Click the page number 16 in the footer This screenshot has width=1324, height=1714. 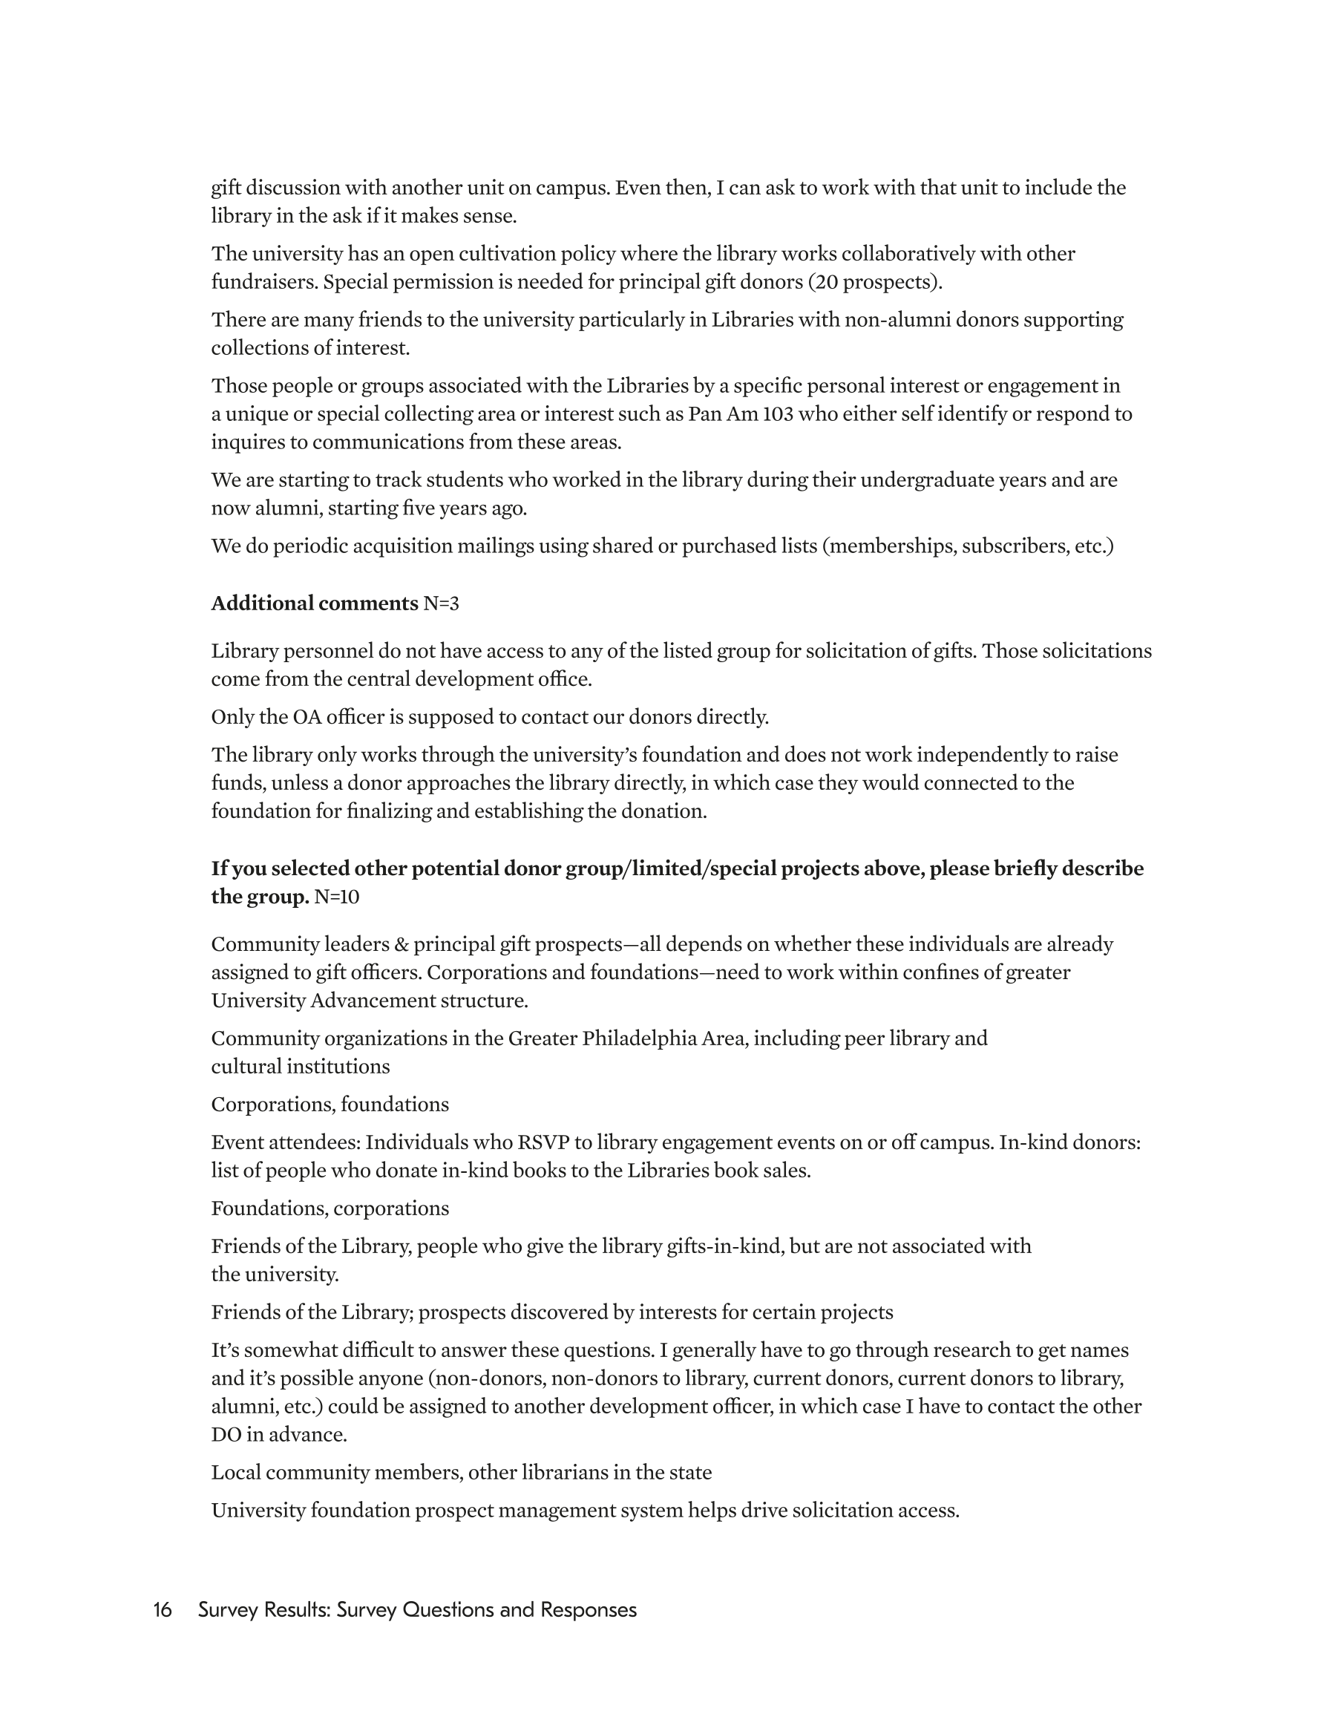163,1609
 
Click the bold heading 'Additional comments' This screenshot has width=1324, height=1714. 314,604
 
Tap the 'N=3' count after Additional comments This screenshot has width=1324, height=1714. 441,604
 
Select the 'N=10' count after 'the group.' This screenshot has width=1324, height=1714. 337,896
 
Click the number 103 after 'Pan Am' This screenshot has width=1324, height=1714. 778,413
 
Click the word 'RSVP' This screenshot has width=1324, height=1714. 543,1142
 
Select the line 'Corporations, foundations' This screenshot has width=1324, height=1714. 330,1105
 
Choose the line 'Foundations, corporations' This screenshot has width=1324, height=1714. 330,1208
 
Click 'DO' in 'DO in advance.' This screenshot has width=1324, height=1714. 226,1435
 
